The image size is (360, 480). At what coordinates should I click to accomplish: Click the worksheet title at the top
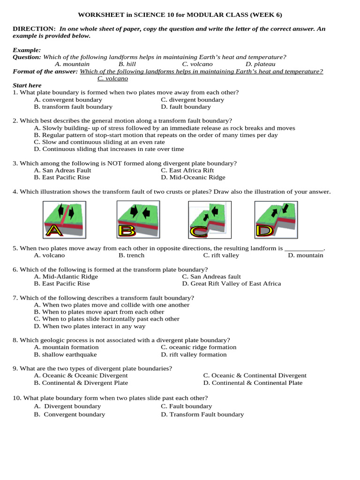(180, 15)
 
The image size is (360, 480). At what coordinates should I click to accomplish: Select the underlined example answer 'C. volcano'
(112, 78)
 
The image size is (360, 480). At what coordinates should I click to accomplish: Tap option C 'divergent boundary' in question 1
(192, 100)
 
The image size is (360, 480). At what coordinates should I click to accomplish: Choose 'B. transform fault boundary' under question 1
(73, 107)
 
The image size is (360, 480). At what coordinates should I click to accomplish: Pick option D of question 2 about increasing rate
(109, 149)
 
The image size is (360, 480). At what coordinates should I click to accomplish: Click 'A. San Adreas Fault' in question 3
(63, 171)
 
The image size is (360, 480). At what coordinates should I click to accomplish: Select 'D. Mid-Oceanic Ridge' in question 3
(193, 178)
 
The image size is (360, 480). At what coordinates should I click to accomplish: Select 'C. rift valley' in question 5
(221, 255)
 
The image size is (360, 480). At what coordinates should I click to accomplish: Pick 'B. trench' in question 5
(131, 255)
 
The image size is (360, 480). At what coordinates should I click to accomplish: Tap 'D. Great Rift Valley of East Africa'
(232, 284)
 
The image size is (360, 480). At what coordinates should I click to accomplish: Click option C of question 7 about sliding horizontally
(106, 319)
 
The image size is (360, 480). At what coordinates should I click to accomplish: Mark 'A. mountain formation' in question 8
(66, 347)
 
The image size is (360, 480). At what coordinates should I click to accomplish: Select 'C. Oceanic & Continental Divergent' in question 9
(255, 375)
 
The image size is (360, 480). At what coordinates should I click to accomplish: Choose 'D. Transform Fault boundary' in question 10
(202, 414)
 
